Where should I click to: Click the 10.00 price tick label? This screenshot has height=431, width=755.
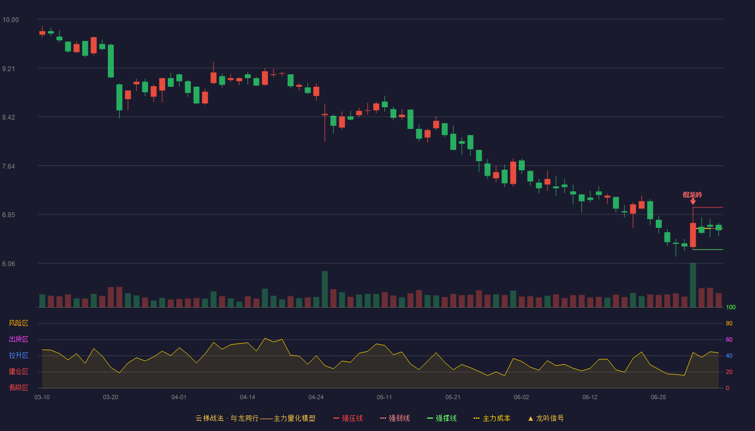coord(10,20)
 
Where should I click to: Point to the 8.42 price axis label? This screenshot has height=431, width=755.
coord(9,117)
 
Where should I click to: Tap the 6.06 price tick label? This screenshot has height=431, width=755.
coord(9,263)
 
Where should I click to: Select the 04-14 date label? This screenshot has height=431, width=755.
coord(248,398)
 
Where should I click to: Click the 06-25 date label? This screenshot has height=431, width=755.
coord(658,398)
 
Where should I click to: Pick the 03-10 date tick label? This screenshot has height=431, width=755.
coord(42,398)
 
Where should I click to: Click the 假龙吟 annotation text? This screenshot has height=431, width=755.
coord(692,195)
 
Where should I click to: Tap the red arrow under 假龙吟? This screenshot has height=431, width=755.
coord(692,201)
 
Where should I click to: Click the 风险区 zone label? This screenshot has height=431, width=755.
coord(18,323)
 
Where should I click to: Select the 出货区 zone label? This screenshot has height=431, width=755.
coord(18,339)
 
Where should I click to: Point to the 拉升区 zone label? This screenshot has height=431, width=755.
coord(18,355)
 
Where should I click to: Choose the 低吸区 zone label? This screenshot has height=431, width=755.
coord(18,387)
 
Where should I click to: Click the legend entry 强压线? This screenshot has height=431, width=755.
coord(348,418)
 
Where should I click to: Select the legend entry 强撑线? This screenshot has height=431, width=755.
coord(442,418)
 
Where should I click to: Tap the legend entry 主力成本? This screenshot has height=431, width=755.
coord(492,418)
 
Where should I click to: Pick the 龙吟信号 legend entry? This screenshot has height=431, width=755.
coord(546,418)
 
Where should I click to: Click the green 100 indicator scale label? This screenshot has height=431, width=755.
coord(731,307)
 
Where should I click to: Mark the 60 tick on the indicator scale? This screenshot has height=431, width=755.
coord(729,339)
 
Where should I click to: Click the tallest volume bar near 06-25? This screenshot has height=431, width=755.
coord(693,285)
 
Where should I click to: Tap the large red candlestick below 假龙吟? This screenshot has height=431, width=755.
coord(693,235)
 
